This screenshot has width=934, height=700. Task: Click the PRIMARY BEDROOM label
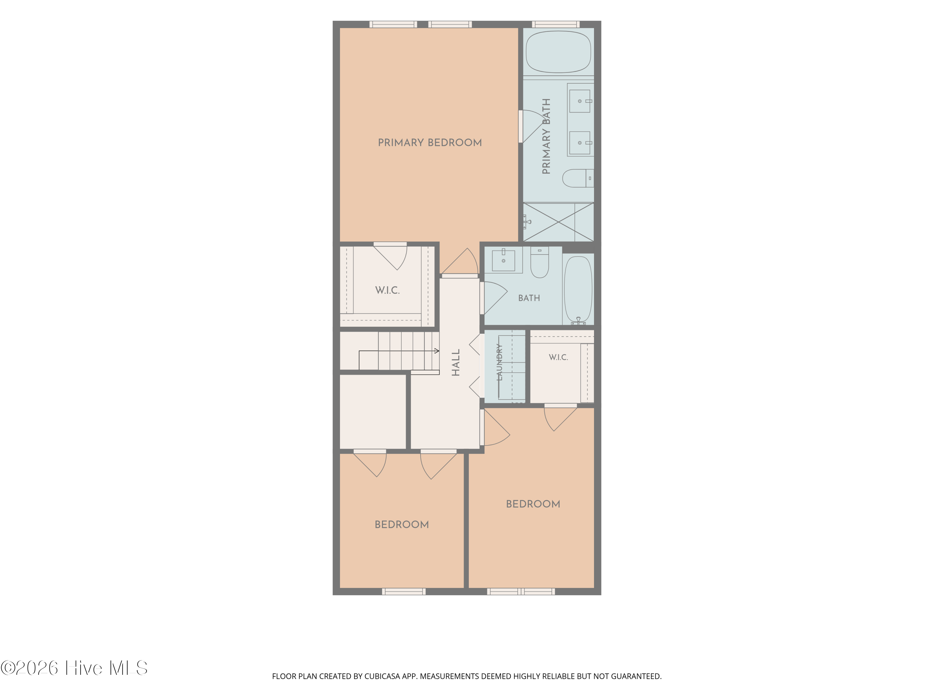tap(430, 142)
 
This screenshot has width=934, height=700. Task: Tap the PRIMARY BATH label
tap(546, 136)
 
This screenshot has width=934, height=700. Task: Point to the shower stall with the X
tap(558, 222)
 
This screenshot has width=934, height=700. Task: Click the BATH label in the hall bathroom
tap(529, 298)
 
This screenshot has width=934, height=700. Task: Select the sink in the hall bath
tap(503, 260)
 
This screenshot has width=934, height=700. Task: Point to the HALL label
tap(455, 362)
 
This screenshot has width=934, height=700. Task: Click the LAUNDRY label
tap(499, 362)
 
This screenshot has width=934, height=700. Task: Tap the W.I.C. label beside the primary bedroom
tap(387, 290)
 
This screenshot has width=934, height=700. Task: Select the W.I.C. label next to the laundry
tap(558, 357)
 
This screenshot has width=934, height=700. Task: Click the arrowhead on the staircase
tap(437, 351)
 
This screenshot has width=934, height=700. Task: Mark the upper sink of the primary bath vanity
tap(580, 101)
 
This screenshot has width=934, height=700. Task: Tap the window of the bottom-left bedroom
tap(404, 591)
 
